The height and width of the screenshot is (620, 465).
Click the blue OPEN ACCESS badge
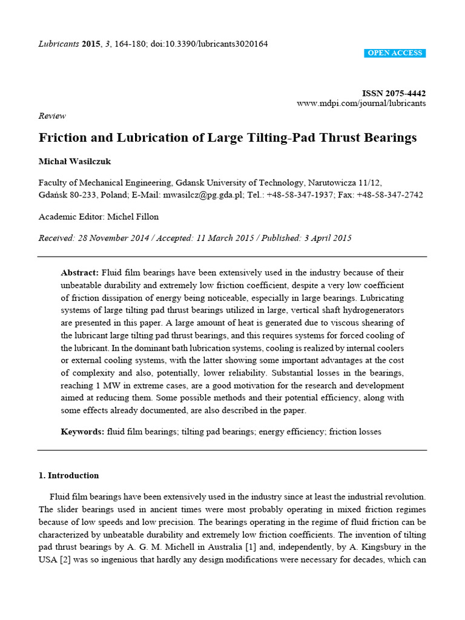[x=395, y=53]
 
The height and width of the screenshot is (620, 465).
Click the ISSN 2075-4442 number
[x=394, y=93]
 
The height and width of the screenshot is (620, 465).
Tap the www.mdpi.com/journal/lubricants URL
[x=361, y=104]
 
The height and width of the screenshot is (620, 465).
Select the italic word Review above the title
[x=52, y=116]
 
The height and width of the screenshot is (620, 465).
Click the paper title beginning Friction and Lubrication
[x=228, y=137]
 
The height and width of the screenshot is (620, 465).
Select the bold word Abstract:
[x=81, y=273]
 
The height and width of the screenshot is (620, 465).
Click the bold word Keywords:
[x=82, y=432]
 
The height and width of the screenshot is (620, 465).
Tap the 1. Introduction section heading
[x=68, y=475]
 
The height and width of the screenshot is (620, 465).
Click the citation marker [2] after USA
[x=65, y=560]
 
